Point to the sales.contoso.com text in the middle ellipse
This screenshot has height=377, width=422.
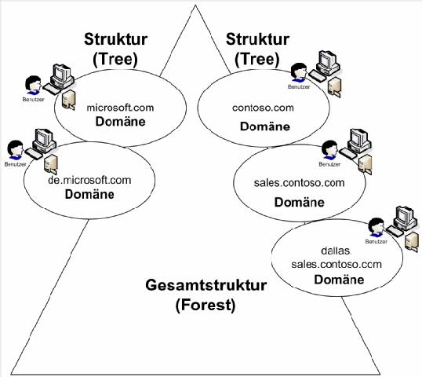point(289,183)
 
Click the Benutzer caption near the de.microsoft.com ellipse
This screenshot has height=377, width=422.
point(13,167)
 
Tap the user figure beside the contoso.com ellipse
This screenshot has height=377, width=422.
point(298,72)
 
